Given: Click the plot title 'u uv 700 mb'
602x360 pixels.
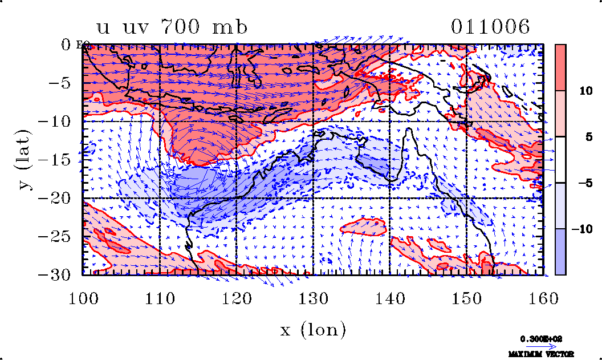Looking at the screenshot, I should coord(172,27).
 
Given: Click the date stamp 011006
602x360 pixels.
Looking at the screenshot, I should coord(490,27).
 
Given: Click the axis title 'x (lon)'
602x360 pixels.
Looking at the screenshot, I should coord(313,330).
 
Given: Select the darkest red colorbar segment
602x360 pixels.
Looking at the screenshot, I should coord(560,67).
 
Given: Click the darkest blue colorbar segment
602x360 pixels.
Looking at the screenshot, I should coord(560,252).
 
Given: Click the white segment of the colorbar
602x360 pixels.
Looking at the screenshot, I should coord(560,160).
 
